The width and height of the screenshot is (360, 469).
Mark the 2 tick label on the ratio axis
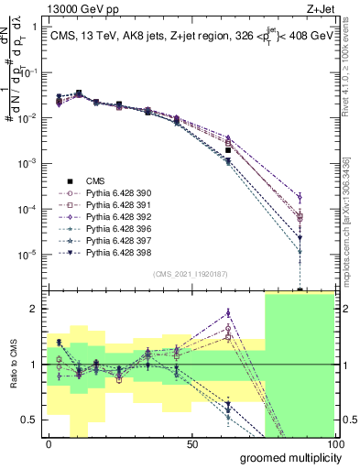point(38,309)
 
